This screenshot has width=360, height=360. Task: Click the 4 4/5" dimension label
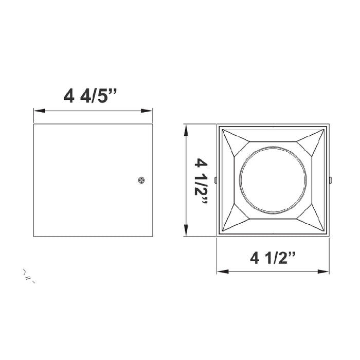(91, 96)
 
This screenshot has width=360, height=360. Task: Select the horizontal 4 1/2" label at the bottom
(273, 258)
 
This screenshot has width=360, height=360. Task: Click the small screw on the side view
(141, 179)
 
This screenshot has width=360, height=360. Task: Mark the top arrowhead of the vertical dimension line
(186, 128)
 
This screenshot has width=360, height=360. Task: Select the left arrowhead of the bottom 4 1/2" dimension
(220, 271)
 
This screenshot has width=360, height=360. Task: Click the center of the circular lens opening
(273, 180)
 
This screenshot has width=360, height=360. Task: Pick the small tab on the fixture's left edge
(216, 180)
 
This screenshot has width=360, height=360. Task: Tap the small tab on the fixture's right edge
(330, 180)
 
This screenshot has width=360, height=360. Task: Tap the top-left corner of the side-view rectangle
(34, 124)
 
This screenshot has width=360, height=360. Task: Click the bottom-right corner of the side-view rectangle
(152, 237)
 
